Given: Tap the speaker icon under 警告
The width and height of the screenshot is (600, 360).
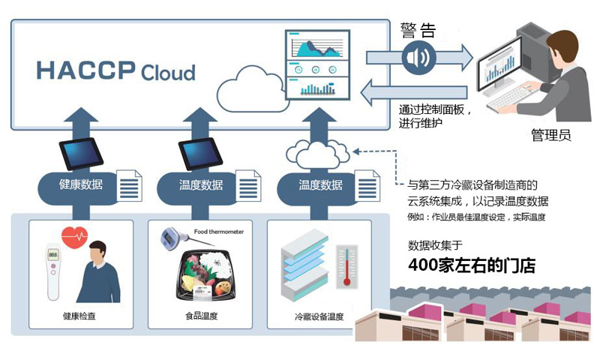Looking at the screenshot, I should (418, 58).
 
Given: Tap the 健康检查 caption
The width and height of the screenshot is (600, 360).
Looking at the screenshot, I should (79, 316).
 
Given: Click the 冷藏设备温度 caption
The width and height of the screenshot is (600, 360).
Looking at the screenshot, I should (319, 316).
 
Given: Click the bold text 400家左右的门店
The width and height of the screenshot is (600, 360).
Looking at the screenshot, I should (472, 265).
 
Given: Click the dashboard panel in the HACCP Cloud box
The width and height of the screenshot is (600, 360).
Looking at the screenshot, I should (317, 65).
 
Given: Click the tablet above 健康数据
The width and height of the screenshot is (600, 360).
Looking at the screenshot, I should (81, 153).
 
